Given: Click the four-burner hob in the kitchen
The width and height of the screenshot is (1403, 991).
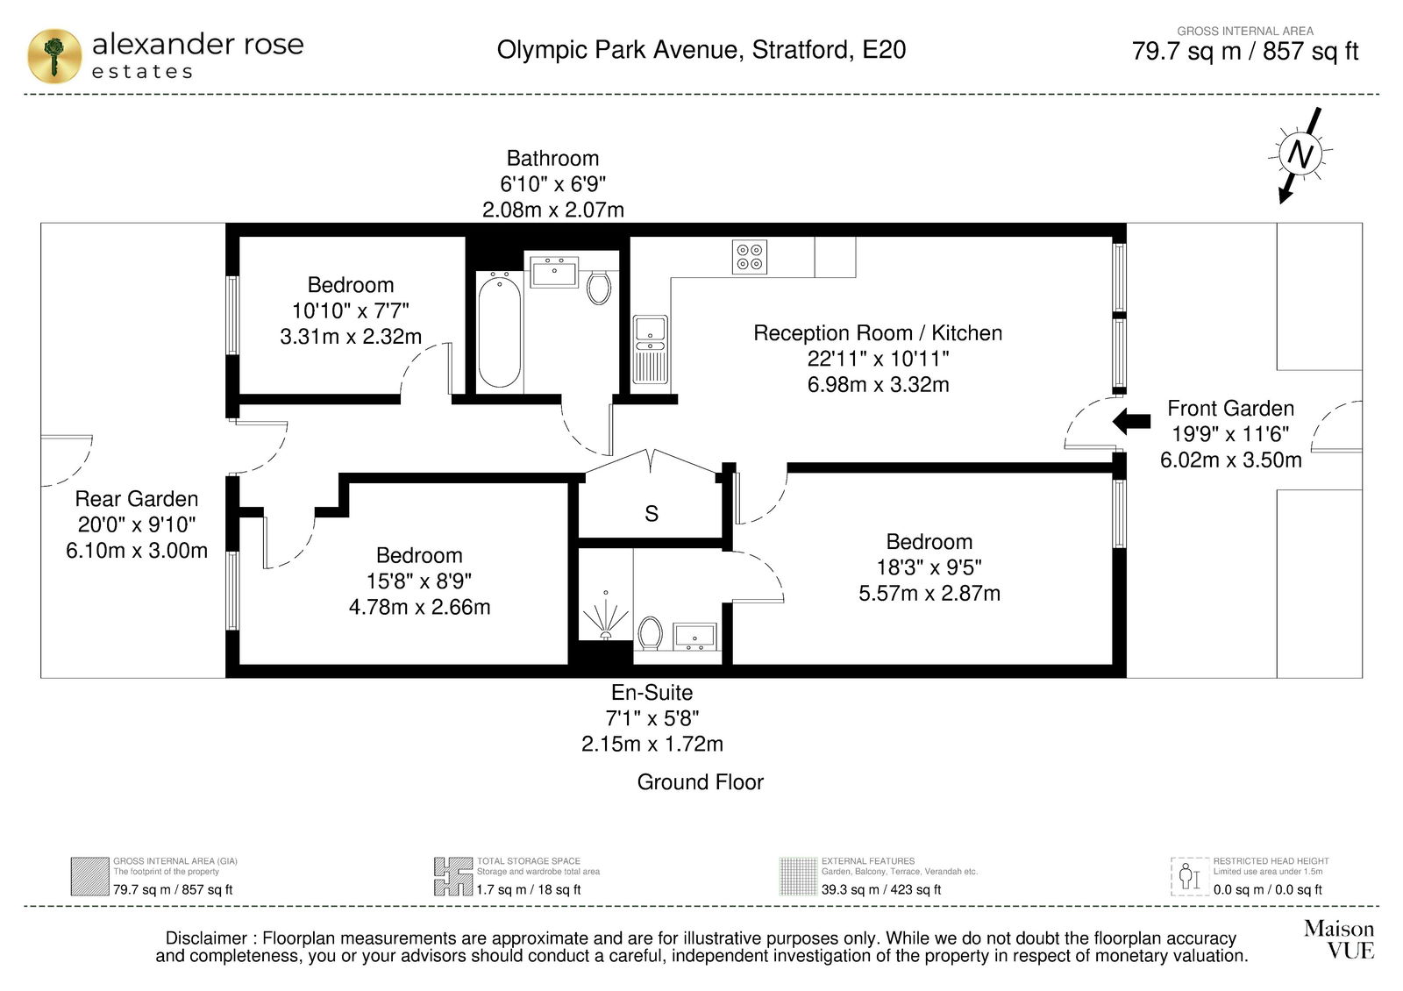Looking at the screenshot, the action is click(750, 258).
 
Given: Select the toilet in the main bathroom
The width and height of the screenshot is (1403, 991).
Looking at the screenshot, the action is click(599, 288).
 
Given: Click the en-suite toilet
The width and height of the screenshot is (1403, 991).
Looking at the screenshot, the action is click(650, 633).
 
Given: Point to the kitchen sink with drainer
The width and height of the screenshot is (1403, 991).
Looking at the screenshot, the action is click(651, 349).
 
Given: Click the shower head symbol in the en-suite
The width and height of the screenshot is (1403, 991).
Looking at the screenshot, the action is click(605, 617).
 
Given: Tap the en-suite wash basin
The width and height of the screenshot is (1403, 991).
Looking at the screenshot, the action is click(694, 637).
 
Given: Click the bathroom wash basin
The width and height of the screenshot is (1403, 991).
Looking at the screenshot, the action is click(553, 273).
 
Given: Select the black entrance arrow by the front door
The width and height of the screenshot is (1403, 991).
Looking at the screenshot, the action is click(1131, 421).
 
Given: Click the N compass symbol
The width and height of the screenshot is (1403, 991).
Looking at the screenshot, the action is click(1300, 154).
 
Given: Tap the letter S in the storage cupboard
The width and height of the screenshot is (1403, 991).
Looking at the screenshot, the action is click(652, 514).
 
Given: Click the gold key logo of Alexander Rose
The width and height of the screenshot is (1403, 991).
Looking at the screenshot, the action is click(54, 56).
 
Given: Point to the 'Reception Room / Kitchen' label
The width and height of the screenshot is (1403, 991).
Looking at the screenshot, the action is click(878, 332).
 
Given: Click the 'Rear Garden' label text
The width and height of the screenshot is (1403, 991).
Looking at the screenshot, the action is click(137, 499).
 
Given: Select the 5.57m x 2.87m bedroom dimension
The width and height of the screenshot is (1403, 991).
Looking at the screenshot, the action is click(929, 593).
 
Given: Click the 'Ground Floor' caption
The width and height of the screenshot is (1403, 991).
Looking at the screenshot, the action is click(701, 781).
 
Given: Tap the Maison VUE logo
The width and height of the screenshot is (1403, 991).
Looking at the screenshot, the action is click(1339, 939).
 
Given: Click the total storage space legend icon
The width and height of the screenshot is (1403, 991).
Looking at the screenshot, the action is click(453, 876).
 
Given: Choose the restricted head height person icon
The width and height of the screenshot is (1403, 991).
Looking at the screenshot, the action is click(1189, 876).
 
